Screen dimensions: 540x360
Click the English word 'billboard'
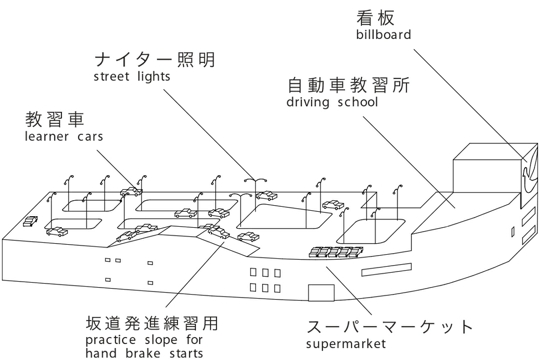tap(383, 34)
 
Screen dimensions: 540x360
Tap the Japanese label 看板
tap(375, 18)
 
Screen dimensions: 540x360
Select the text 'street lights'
tap(132, 76)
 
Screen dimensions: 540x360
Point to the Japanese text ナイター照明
tap(155, 60)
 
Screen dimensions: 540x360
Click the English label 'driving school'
tap(332, 102)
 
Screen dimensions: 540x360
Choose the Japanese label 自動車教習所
tap(349, 85)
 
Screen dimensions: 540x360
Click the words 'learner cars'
tap(64, 136)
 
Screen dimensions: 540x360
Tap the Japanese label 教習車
tap(55, 120)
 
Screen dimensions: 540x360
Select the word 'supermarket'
tap(346, 344)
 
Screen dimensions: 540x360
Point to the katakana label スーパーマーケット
tap(390, 327)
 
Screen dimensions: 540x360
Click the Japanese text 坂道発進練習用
tap(152, 323)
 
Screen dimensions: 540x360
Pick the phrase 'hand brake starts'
tap(144, 353)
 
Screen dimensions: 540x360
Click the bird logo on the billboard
tap(530, 175)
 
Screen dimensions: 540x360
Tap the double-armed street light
tap(255, 193)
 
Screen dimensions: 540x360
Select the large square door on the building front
tap(321, 293)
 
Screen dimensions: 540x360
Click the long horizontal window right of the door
tap(387, 270)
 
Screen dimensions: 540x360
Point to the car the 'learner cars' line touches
tap(131, 191)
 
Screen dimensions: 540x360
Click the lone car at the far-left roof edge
tap(30, 221)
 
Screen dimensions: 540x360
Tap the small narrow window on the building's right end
tap(512, 232)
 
